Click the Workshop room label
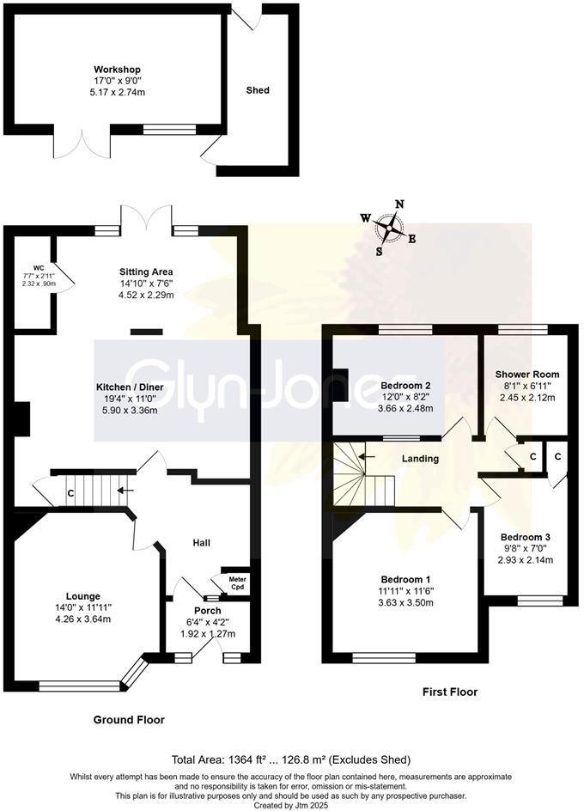click(117, 70)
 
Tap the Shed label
click(258, 90)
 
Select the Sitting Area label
click(146, 271)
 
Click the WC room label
click(39, 267)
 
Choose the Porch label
click(208, 612)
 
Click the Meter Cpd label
click(237, 583)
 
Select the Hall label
click(201, 543)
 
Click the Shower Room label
click(526, 375)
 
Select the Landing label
click(420, 459)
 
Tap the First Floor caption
click(450, 692)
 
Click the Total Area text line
click(291, 759)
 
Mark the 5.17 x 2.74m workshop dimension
click(117, 92)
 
